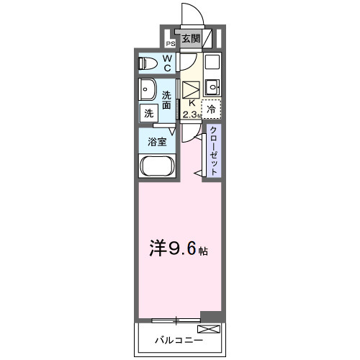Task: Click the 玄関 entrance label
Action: tap(190, 39)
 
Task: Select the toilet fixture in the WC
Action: tap(149, 63)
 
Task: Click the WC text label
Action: tap(167, 63)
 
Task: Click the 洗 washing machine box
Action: tap(148, 113)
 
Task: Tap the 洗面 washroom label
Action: tap(167, 100)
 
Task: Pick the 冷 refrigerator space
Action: tap(211, 109)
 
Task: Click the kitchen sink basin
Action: tap(212, 89)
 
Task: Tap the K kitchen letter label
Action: tap(192, 102)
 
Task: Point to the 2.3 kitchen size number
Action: tap(189, 114)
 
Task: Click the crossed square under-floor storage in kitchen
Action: tap(192, 89)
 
